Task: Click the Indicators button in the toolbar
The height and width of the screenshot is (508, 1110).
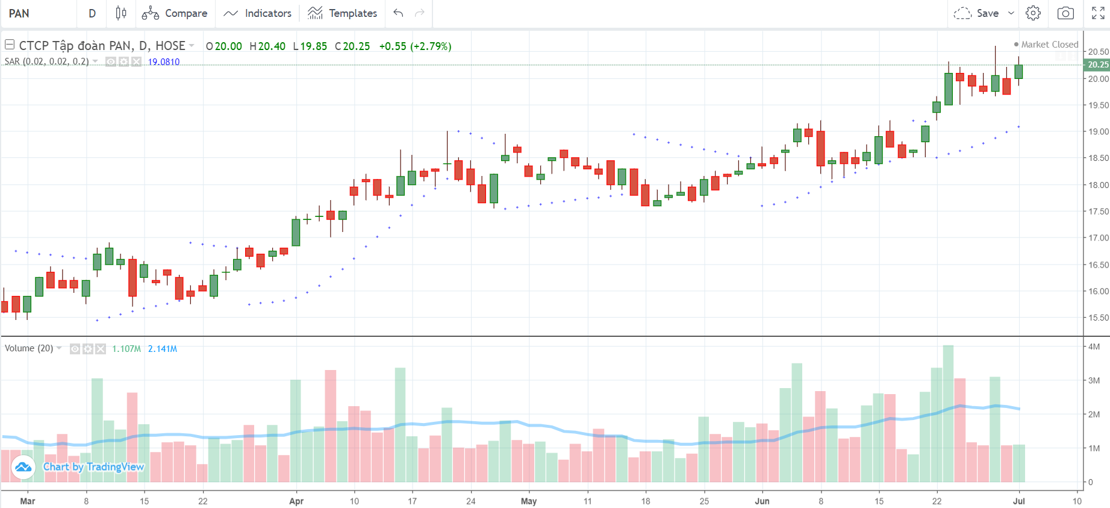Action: tap(258, 13)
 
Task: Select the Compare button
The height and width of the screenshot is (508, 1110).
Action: tap(175, 13)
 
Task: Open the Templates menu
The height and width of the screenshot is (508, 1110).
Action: tap(342, 13)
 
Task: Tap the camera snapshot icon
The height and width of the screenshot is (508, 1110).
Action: tap(1065, 13)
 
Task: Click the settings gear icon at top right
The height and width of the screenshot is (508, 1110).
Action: tap(1033, 13)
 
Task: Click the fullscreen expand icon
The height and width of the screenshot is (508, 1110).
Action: tap(1098, 13)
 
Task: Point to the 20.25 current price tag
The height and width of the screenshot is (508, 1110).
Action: tap(1097, 64)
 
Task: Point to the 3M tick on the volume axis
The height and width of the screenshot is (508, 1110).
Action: tap(1094, 381)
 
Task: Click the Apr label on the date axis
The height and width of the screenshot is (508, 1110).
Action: tap(296, 501)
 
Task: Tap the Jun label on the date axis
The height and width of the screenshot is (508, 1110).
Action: tap(762, 501)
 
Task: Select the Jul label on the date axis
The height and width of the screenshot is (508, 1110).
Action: tap(1019, 501)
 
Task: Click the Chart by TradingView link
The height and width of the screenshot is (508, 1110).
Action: tap(93, 467)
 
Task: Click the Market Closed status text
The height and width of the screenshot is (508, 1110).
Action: tap(1049, 45)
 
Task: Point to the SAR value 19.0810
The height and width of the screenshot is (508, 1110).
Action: tap(164, 62)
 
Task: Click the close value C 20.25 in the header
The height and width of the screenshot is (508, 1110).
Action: tap(353, 46)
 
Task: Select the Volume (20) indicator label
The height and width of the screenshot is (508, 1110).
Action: tap(29, 348)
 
